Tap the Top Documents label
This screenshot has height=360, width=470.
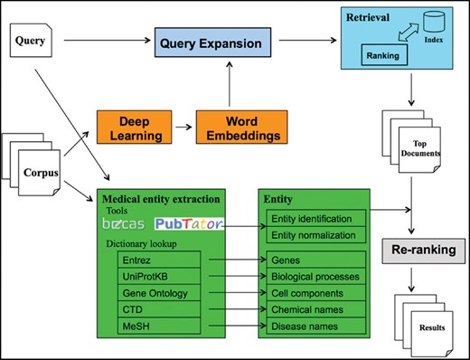pos(423,146)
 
